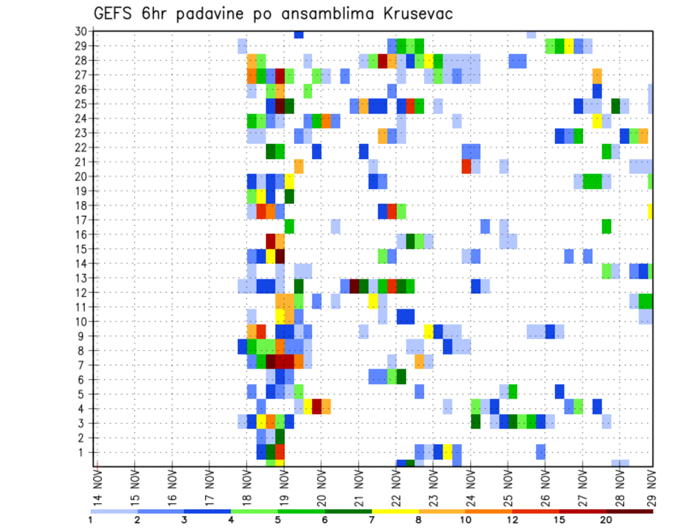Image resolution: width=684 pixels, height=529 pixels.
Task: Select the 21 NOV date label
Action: pyautogui.click(x=358, y=487)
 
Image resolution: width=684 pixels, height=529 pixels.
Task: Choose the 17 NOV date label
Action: pyautogui.click(x=209, y=487)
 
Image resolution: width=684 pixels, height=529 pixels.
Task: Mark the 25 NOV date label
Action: pyautogui.click(x=507, y=487)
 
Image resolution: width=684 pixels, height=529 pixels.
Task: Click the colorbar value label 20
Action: pyautogui.click(x=606, y=520)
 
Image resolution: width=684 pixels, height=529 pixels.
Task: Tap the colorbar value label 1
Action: pyautogui.click(x=90, y=520)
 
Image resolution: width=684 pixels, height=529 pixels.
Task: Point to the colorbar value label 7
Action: pyautogui.click(x=372, y=520)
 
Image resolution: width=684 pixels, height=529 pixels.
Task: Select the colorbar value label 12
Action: pyautogui.click(x=512, y=520)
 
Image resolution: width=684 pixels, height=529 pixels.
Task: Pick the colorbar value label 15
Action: pyautogui.click(x=559, y=520)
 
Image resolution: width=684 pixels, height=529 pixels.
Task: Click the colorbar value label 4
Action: pyautogui.click(x=232, y=520)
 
